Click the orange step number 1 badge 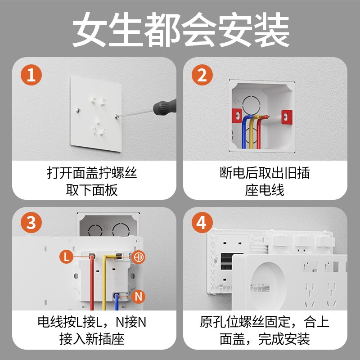coord(31,75)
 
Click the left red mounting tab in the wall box coord(236,117)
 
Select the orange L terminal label coord(66,257)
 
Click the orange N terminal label coord(139,297)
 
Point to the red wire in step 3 coord(92,283)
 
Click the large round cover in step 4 coord(269,285)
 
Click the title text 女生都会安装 coord(180,31)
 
